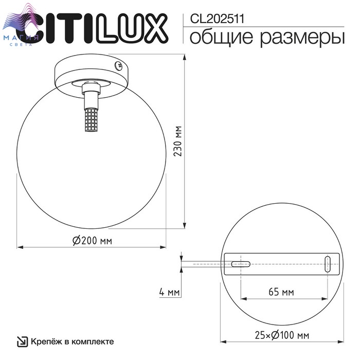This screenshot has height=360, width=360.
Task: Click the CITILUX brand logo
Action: coord(92,28)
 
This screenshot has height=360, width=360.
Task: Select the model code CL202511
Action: coord(217,19)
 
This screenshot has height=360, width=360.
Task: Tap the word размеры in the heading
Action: coord(302,38)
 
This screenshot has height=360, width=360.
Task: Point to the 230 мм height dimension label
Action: coord(177,141)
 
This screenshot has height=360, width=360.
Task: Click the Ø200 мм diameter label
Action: coord(92,240)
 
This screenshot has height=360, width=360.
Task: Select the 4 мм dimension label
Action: coord(169,292)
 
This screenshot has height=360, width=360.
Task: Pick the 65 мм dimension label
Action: coord(281,292)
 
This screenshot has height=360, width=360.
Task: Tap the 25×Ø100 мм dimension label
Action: coord(282,335)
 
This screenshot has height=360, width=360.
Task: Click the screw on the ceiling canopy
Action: coord(119,66)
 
